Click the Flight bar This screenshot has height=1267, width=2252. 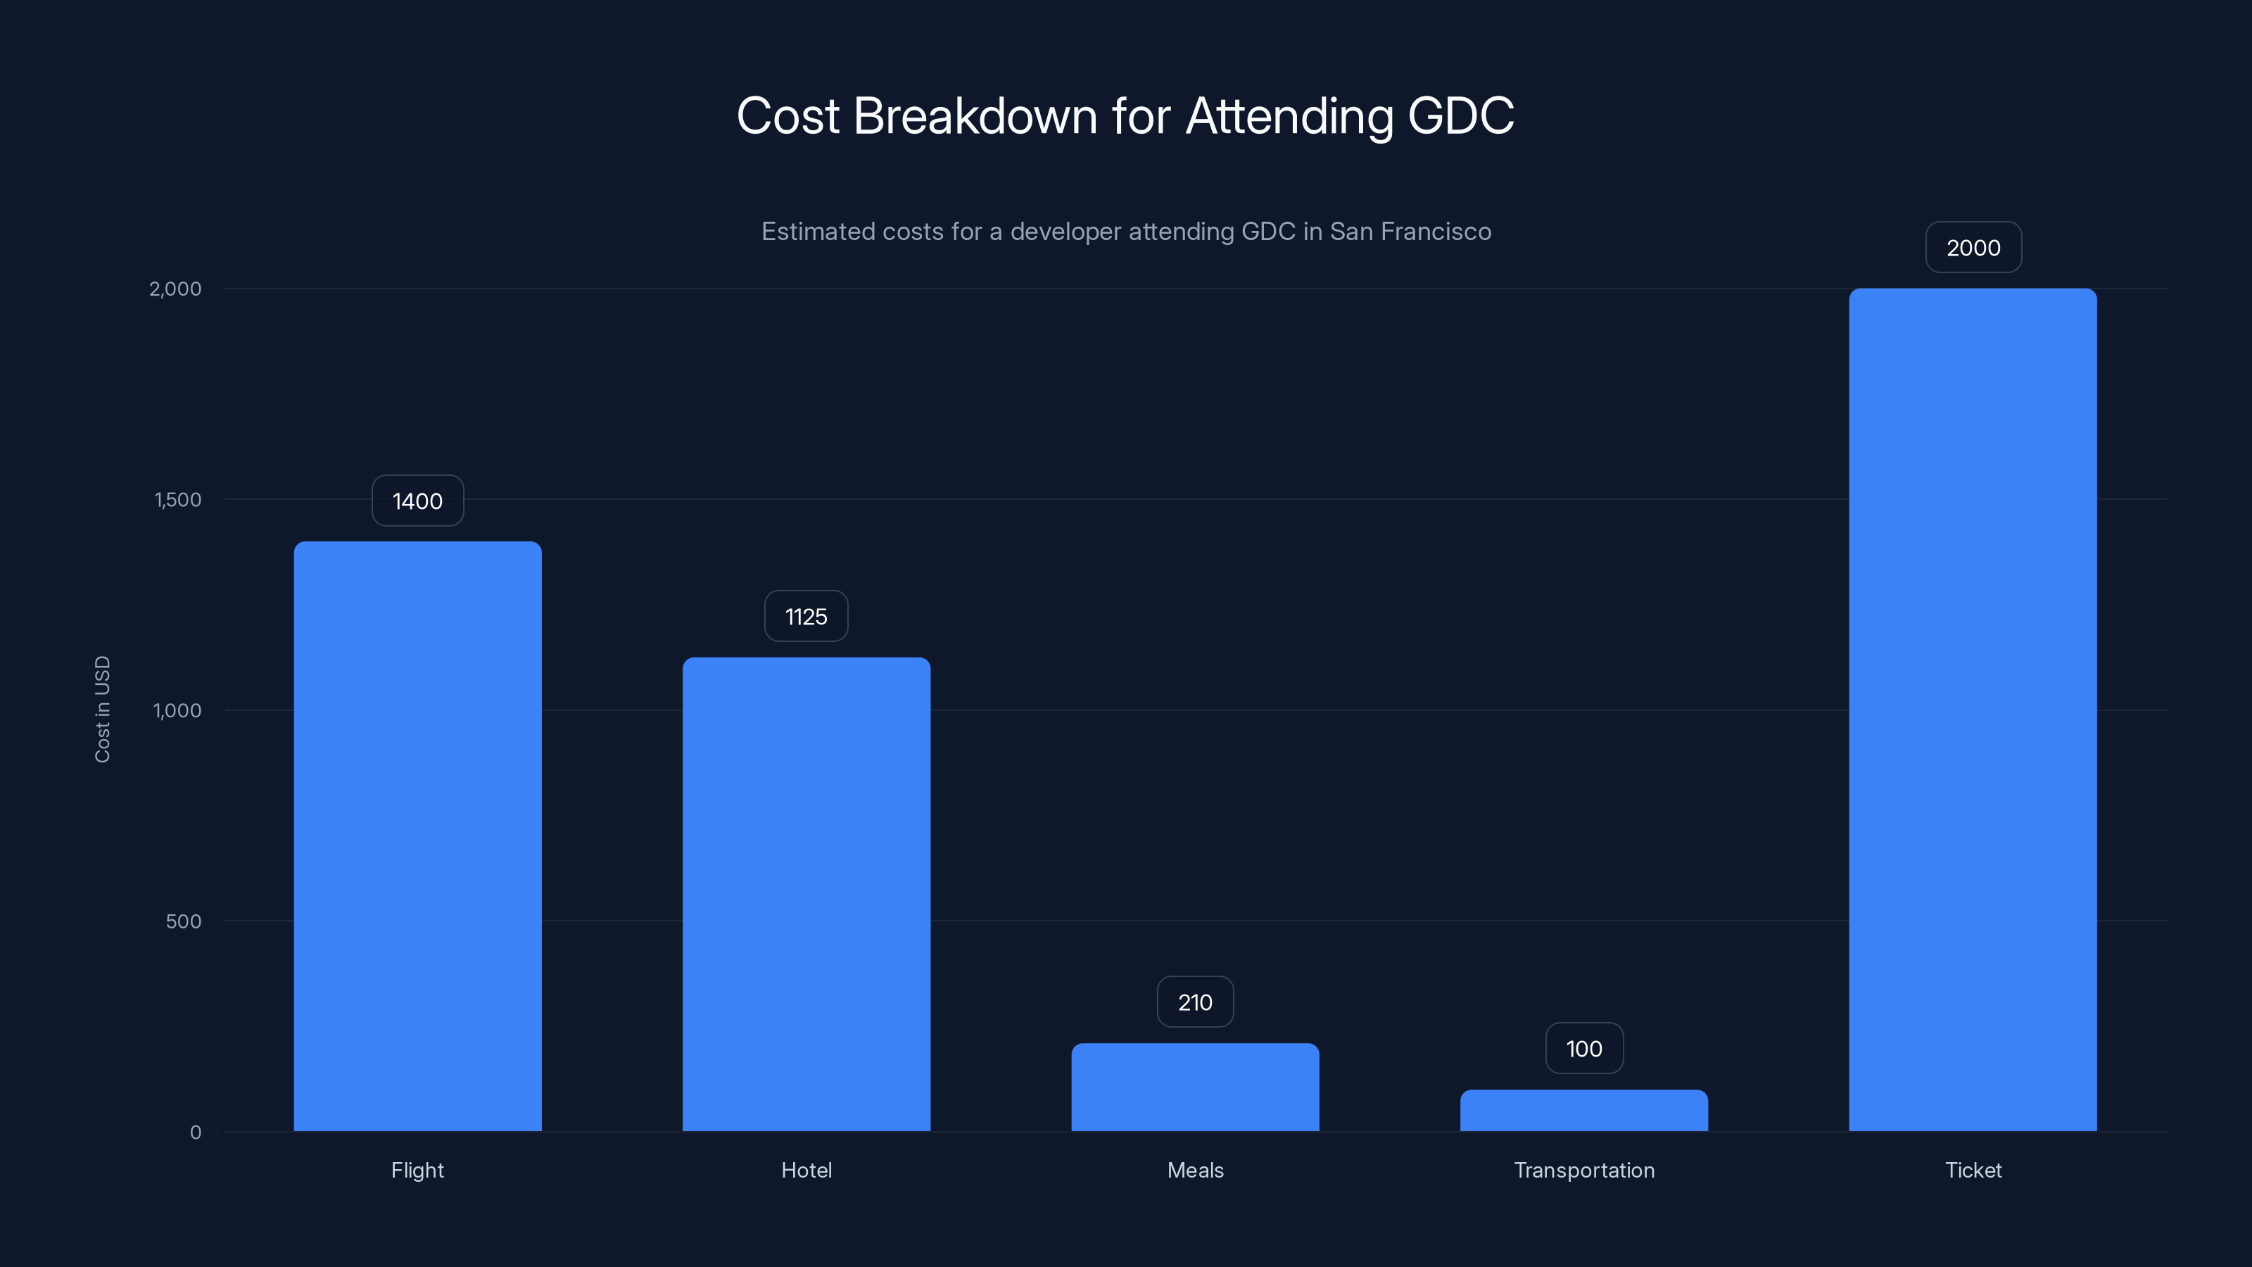coord(417,836)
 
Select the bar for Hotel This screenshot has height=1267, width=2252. coord(806,894)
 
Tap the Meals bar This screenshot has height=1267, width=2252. coord(1195,1087)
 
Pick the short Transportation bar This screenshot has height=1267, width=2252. coord(1583,1111)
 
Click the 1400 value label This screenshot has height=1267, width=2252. coord(417,501)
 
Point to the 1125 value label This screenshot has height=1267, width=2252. coord(806,617)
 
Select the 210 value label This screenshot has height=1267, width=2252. coord(1195,1002)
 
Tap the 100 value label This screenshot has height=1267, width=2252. coord(1583,1048)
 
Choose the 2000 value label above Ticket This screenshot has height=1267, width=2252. coord(1973,248)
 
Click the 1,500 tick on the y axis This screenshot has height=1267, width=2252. coord(177,499)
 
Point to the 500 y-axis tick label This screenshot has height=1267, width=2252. coord(183,921)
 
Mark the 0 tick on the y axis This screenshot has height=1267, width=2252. coord(195,1133)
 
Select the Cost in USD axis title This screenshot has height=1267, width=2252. coord(102,709)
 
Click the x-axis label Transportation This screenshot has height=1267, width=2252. coord(1583,1170)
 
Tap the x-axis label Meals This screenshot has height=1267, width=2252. coord(1195,1170)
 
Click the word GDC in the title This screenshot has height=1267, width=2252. coord(1460,115)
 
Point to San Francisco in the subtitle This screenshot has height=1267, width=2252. coord(1410,232)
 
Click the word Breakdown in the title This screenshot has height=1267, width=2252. coord(974,115)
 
